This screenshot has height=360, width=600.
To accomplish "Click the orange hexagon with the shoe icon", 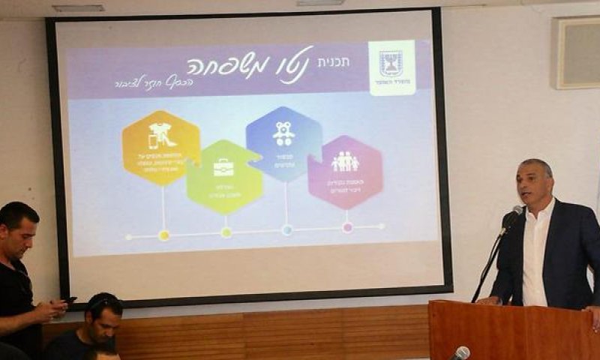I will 161,148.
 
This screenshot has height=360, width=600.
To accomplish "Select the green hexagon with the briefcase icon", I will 224,177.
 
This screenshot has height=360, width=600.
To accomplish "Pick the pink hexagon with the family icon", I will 345,172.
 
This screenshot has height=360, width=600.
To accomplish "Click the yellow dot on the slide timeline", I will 163,235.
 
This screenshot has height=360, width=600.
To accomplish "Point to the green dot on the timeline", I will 226,232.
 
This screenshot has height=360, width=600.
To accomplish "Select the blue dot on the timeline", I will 286,229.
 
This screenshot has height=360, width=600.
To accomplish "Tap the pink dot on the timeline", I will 347,226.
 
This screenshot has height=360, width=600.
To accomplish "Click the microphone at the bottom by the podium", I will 461,352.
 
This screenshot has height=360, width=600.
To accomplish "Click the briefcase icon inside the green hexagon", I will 223,167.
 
